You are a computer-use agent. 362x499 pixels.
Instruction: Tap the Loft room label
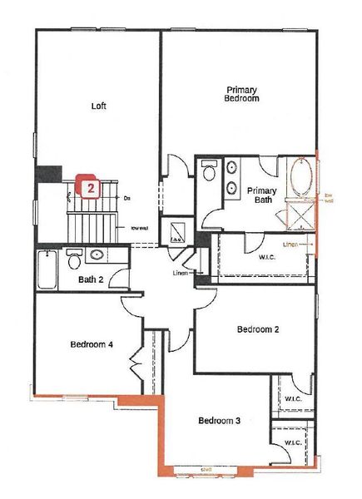pyautogui.click(x=99, y=106)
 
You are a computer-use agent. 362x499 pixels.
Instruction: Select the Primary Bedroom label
pyautogui.click(x=242, y=93)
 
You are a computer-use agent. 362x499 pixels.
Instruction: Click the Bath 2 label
pyautogui.click(x=90, y=279)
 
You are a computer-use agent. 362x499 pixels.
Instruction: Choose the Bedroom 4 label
pyautogui.click(x=91, y=344)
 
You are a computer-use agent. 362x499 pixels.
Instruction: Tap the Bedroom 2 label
pyautogui.click(x=257, y=329)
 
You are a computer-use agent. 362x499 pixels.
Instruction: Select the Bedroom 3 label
pyautogui.click(x=219, y=421)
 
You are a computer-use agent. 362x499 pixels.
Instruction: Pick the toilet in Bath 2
pyautogui.click(x=74, y=260)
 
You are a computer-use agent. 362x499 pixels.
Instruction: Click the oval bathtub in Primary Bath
pyautogui.click(x=300, y=179)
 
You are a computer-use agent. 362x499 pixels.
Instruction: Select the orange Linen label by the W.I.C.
pyautogui.click(x=290, y=245)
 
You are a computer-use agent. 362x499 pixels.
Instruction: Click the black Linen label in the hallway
pyautogui.click(x=181, y=273)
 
